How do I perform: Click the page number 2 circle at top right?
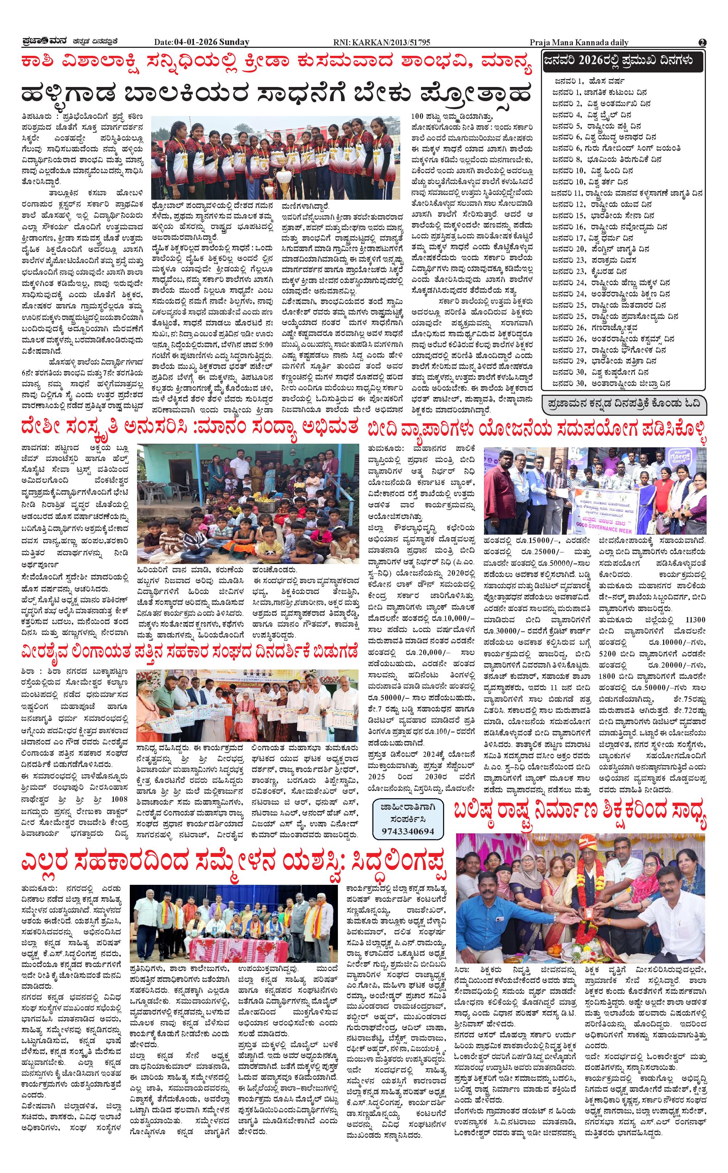click(703, 42)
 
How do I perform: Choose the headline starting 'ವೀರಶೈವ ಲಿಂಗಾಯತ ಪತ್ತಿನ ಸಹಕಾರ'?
click(189, 652)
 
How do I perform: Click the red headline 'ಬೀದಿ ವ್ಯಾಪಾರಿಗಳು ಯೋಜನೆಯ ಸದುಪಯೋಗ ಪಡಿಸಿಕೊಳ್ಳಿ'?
click(537, 427)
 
